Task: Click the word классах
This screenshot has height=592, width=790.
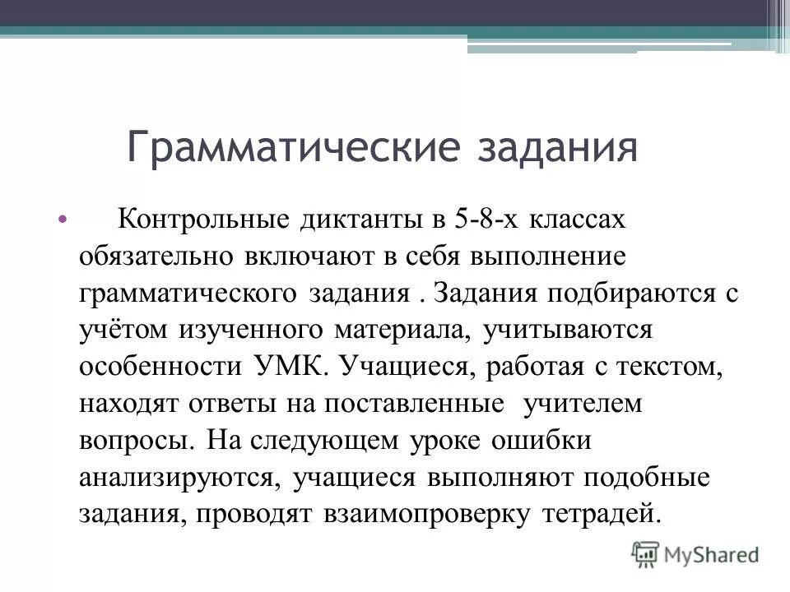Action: point(578,220)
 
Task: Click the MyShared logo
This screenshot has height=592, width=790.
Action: point(695,553)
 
